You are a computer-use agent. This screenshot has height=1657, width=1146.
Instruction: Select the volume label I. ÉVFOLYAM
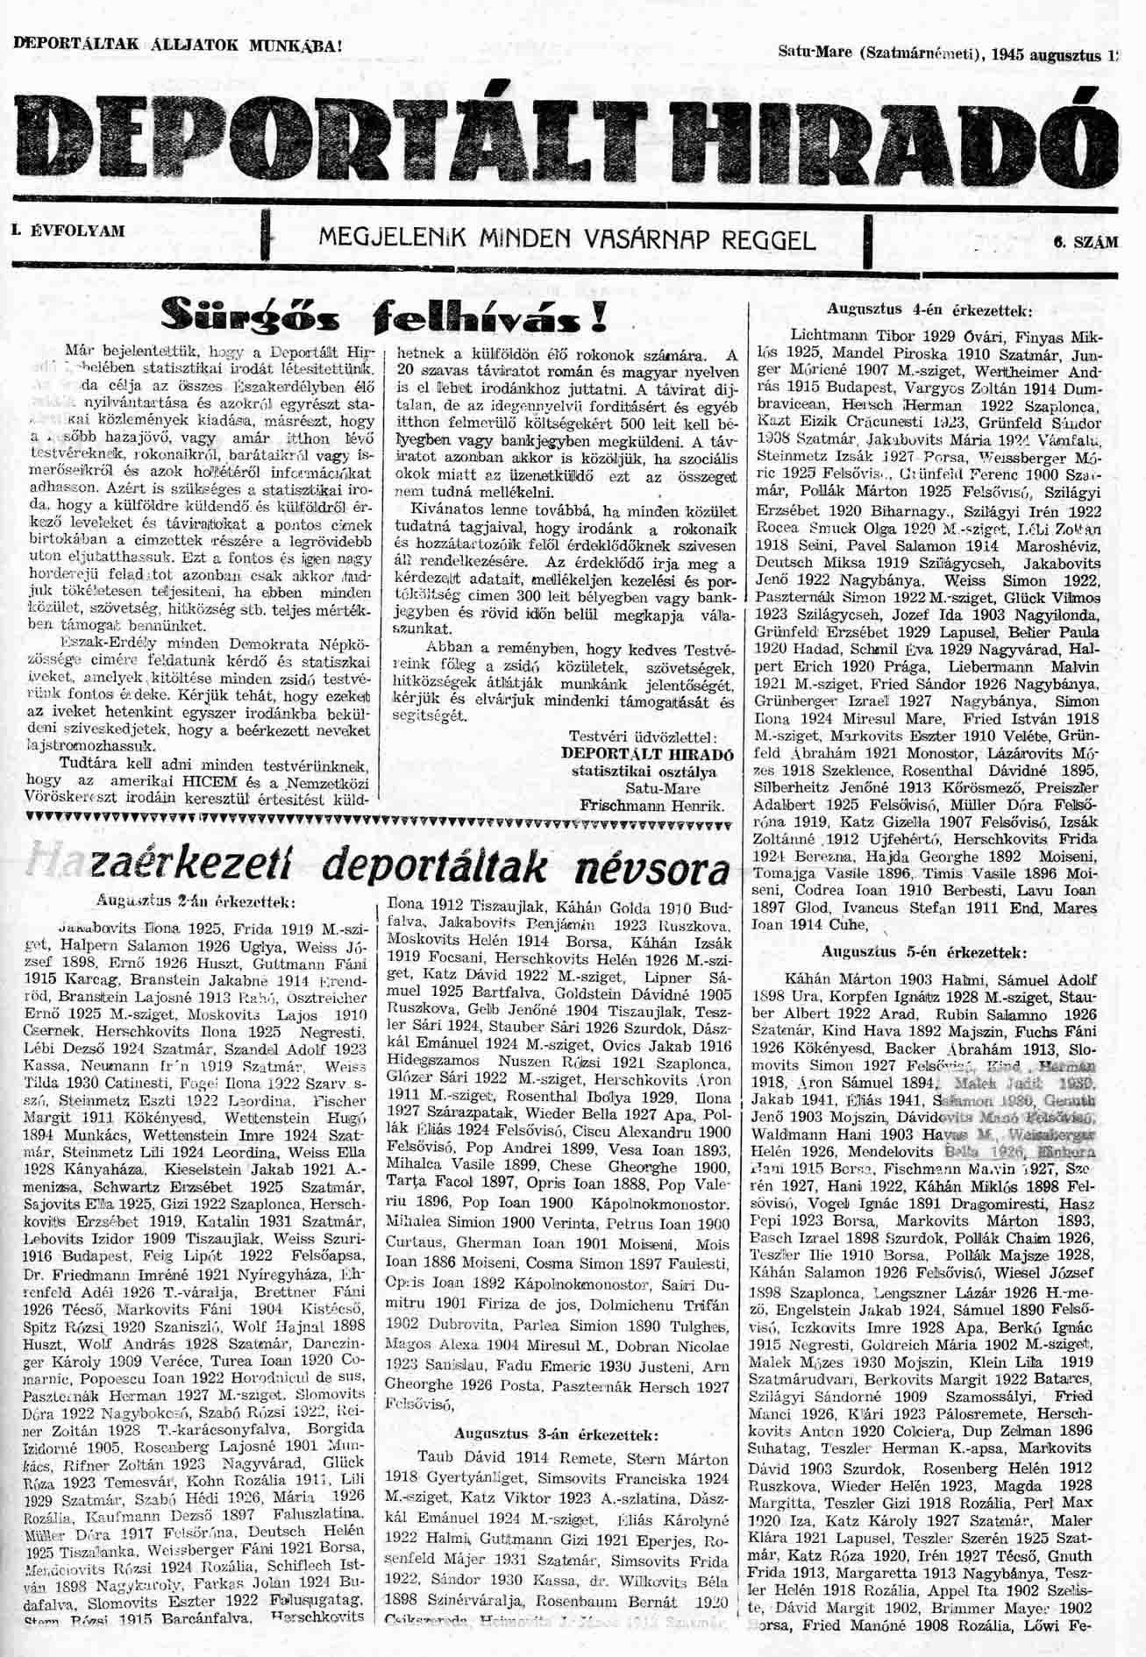click(x=67, y=231)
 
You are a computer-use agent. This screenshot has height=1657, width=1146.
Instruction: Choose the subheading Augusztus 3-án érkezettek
click(x=556, y=1434)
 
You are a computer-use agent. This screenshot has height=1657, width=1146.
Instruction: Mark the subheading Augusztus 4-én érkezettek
click(x=929, y=309)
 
